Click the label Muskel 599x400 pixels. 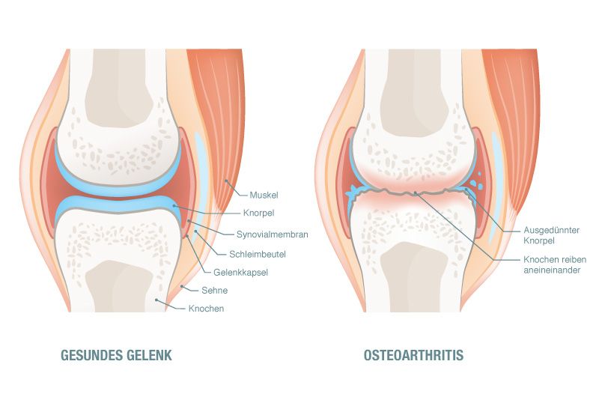point(264,196)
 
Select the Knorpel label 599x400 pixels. point(258,213)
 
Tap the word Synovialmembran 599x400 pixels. point(272,234)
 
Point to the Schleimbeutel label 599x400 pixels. point(258,254)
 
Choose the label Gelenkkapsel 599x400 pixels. point(240,273)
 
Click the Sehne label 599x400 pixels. point(215,291)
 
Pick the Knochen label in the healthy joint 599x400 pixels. point(207,309)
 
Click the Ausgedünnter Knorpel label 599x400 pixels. point(551,235)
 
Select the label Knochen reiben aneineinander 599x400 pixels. point(555,264)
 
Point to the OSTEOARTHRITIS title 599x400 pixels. point(414,355)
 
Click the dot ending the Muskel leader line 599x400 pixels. point(226,181)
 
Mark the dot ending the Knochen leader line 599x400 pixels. point(156,300)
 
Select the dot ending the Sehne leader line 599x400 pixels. point(182,286)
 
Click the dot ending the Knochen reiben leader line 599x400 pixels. point(416,194)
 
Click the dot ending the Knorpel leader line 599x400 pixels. point(174,205)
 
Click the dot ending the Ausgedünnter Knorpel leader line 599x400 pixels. point(466,189)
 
